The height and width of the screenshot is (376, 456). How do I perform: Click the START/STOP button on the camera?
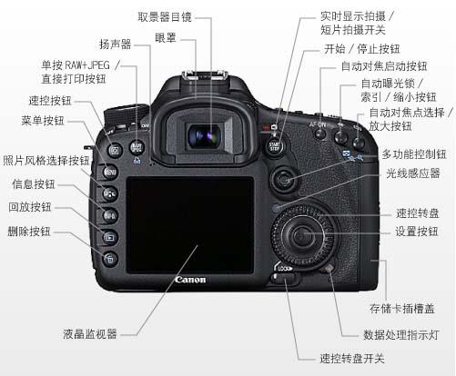pos(275,146)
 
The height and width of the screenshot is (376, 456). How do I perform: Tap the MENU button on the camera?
pos(110,173)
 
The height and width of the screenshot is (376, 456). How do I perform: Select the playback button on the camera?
pos(110,237)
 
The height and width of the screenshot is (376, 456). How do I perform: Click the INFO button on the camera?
pos(110,216)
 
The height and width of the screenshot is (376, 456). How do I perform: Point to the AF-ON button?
pos(319,134)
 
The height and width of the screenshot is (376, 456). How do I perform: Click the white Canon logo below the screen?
pos(190,280)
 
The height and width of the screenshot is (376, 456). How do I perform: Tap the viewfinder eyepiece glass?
pos(205,136)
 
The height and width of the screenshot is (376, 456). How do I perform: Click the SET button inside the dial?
pos(302,235)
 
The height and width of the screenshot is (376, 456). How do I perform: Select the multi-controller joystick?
pos(284,180)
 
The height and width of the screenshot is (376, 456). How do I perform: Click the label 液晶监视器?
pos(90,334)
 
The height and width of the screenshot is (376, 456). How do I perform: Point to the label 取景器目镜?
pos(165,17)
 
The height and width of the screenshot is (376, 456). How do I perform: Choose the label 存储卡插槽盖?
pos(401,309)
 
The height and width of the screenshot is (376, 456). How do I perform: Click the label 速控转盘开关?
pos(352,359)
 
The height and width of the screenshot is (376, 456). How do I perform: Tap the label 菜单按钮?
pos(43,121)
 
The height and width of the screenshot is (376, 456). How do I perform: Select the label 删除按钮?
pos(29,232)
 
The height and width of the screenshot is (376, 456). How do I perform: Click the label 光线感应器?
pos(413,173)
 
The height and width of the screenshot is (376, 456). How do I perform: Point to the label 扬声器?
pos(115,45)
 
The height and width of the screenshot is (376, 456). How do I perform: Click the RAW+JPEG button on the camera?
pos(137,147)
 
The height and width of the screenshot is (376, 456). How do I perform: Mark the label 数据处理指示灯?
pos(401,335)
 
